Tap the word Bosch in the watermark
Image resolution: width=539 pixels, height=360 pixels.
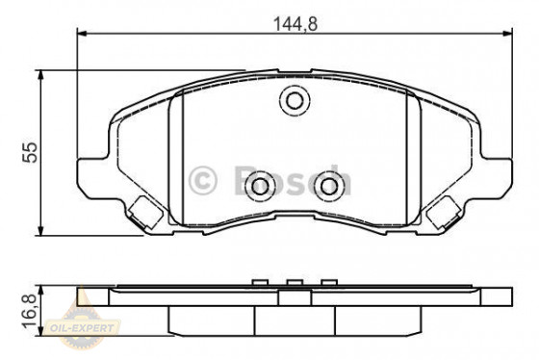click(x=289, y=180)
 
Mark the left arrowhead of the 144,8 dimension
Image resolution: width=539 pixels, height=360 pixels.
click(x=83, y=34)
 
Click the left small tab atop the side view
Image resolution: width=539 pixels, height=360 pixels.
click(x=258, y=282)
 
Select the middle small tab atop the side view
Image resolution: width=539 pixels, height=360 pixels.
click(x=294, y=282)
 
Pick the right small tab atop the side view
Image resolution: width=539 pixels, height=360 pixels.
click(x=329, y=282)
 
